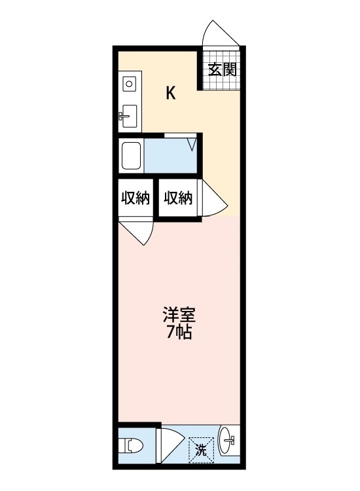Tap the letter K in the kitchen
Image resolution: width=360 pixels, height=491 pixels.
pos(170,94)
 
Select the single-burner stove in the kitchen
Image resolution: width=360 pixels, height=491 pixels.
pos(129,84)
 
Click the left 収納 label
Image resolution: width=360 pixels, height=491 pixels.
pos(135,198)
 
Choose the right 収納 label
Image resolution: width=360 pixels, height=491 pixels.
pos(178,198)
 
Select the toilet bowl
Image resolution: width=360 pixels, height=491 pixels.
pos(134,447)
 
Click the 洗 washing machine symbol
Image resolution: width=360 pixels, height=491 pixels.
pos(202,450)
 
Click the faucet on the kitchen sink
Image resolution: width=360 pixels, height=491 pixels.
pos(123,117)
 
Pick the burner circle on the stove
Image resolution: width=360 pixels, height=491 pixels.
pos(129,84)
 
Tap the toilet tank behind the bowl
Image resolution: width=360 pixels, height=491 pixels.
pos(122,447)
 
